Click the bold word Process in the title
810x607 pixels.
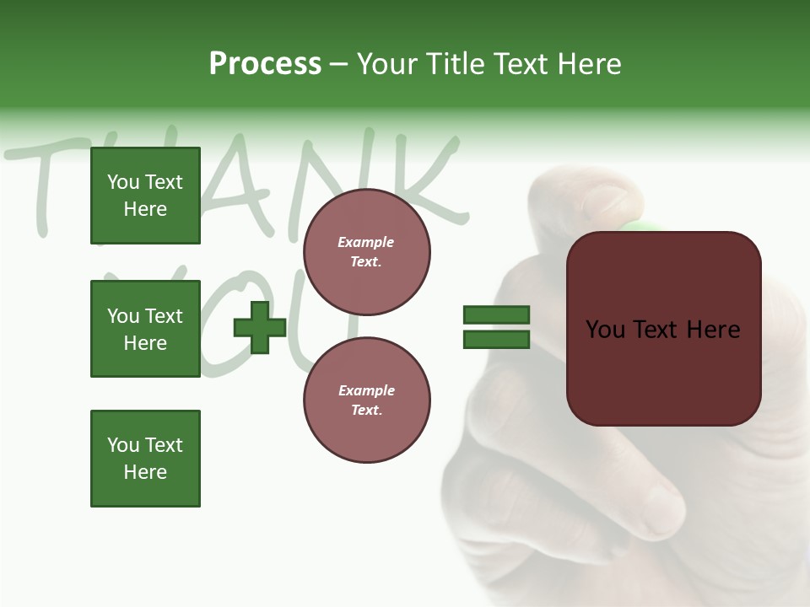(x=265, y=64)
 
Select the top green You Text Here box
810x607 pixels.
(x=145, y=196)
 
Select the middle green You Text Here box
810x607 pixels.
(x=145, y=329)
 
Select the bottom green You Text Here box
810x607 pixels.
(x=145, y=459)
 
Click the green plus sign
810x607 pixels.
(x=260, y=327)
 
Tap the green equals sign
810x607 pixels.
(x=496, y=327)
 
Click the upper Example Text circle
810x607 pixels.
(x=366, y=252)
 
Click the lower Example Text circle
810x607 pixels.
(x=366, y=400)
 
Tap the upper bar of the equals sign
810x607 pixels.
(x=496, y=315)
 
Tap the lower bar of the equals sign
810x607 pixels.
(x=496, y=340)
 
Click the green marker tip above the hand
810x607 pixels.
(x=641, y=225)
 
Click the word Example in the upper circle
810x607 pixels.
(x=366, y=242)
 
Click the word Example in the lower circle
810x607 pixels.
(x=366, y=390)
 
